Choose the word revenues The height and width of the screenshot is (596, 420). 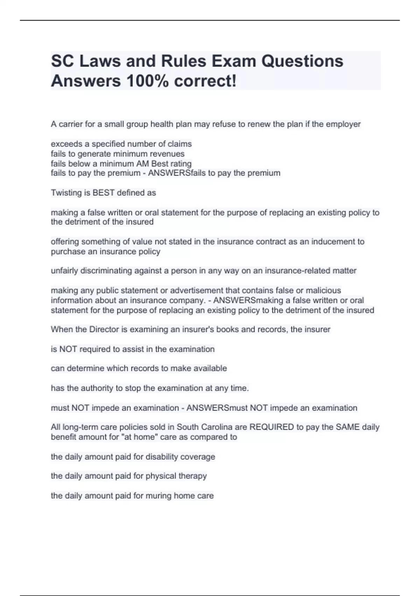pos(167,154)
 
